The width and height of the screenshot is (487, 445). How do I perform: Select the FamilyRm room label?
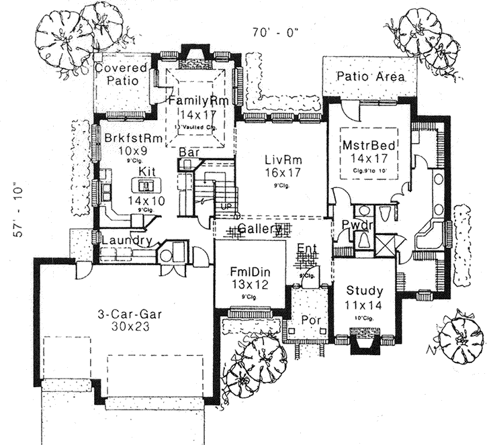coord(199,101)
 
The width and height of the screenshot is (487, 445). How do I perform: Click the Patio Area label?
coord(371,77)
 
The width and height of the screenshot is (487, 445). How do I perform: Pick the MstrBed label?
coord(369,144)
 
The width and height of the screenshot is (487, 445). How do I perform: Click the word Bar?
coord(189,153)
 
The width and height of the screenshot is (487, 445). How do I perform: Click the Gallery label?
coord(259,230)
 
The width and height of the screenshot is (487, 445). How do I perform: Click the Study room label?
coord(365,291)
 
